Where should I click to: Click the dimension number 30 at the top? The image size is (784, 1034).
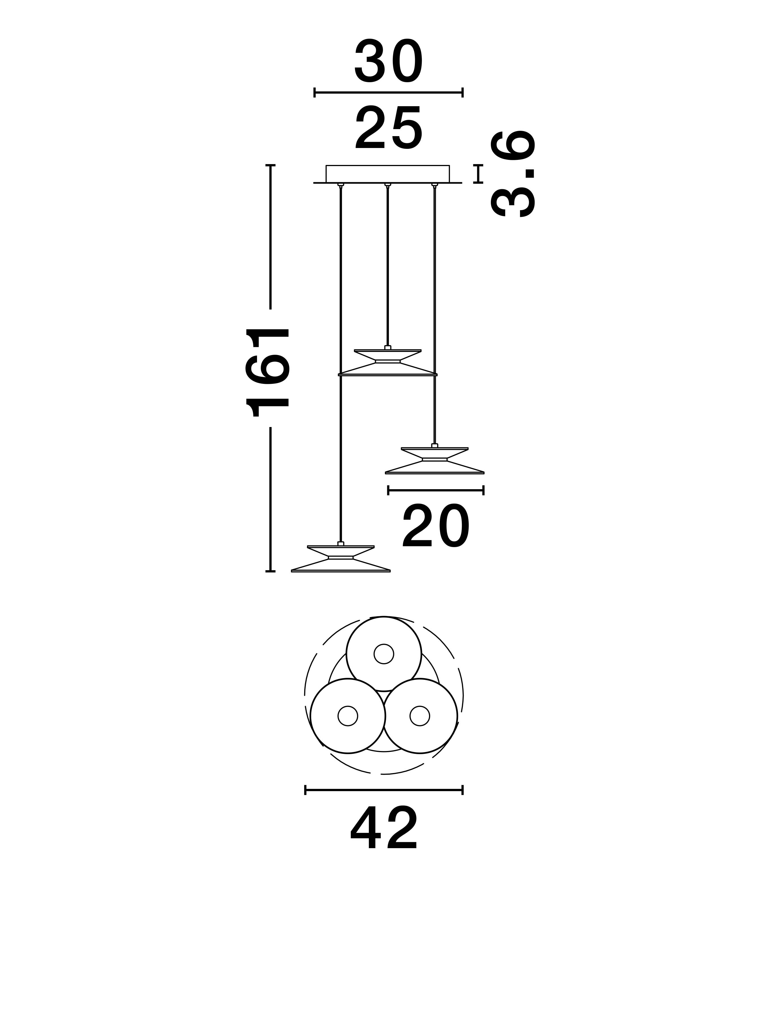coord(389,61)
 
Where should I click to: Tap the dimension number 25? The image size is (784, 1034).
coord(389,128)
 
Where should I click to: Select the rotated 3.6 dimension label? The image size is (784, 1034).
coord(512,174)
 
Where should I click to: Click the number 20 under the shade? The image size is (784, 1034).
coord(436,527)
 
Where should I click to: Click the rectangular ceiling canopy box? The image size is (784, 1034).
coord(387,174)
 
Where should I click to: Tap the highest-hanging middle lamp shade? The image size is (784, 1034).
coord(387,362)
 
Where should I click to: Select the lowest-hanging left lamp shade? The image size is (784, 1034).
coord(341,559)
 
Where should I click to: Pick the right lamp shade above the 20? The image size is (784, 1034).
coord(435,460)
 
